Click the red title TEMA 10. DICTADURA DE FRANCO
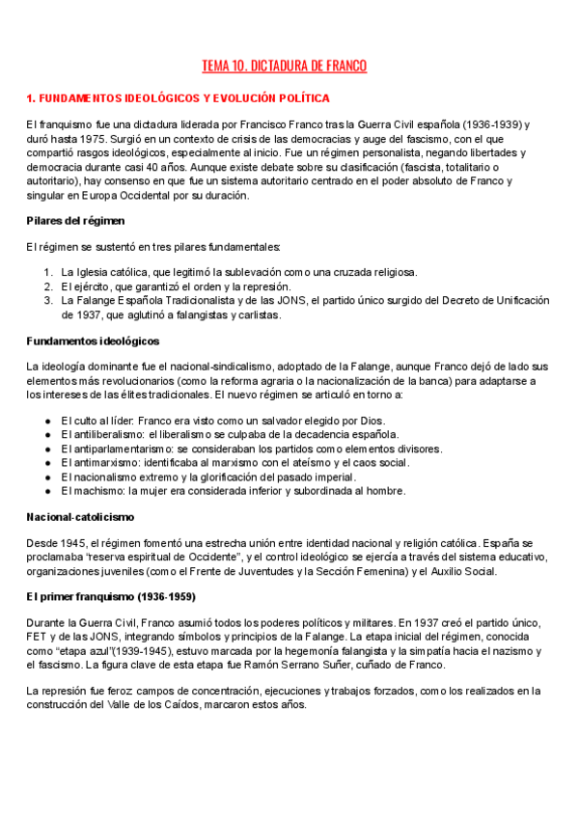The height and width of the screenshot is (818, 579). click(x=284, y=67)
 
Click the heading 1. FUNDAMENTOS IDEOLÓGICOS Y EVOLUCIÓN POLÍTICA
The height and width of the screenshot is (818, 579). click(x=178, y=98)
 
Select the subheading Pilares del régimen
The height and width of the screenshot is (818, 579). click(x=76, y=221)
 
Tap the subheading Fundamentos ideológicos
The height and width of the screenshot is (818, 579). click(x=93, y=341)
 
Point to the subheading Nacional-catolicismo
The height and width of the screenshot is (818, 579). click(x=80, y=517)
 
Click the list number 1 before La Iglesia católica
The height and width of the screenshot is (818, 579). click(x=48, y=272)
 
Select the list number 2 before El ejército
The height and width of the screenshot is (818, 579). click(x=48, y=286)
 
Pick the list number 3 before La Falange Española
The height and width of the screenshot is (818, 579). click(x=48, y=300)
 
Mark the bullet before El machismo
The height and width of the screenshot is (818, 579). click(x=48, y=490)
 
